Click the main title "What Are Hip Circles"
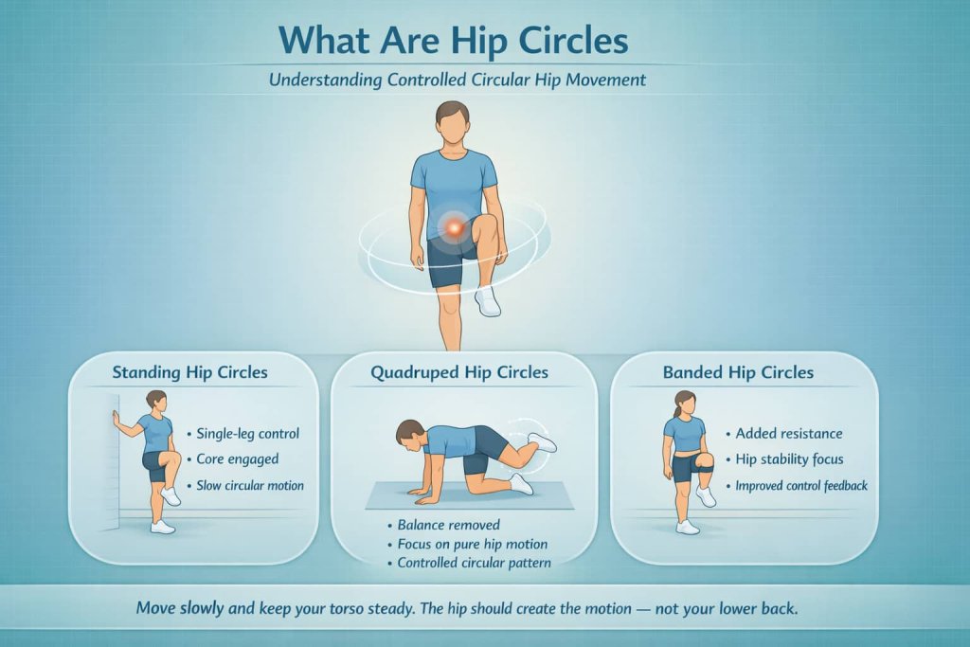point(454,41)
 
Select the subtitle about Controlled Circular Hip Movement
point(457,80)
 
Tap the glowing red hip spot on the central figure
point(456,227)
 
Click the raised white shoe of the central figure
point(487,301)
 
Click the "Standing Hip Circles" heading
point(189,372)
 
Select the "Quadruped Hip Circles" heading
point(459,372)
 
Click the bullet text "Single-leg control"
point(247,434)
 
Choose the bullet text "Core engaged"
point(237,459)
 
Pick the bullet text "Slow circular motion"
point(250,486)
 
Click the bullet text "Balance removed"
point(442,524)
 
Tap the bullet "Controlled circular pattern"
point(475,563)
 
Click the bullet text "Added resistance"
point(789,434)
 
